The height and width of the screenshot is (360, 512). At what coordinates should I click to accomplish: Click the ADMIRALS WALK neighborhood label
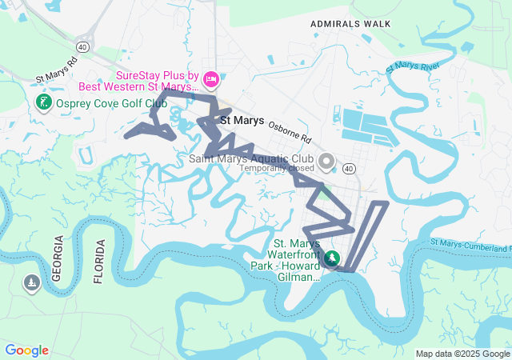point(351,24)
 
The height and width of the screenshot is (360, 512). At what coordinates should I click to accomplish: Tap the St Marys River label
point(414,70)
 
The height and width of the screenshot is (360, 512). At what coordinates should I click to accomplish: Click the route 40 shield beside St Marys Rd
point(83,47)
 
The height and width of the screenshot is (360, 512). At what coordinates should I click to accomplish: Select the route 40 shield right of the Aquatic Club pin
point(349,168)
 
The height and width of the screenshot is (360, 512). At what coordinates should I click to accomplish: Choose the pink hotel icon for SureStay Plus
point(211,78)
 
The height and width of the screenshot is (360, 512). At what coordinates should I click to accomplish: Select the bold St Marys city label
point(242,120)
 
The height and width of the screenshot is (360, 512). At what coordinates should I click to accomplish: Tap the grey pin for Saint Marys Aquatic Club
point(326,162)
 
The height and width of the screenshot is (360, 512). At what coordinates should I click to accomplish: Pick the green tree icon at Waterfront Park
point(332,258)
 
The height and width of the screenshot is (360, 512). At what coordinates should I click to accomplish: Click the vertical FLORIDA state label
point(99,262)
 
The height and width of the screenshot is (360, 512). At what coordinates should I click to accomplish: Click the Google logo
point(26,350)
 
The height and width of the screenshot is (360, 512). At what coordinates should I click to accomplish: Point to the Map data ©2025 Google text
point(462,354)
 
